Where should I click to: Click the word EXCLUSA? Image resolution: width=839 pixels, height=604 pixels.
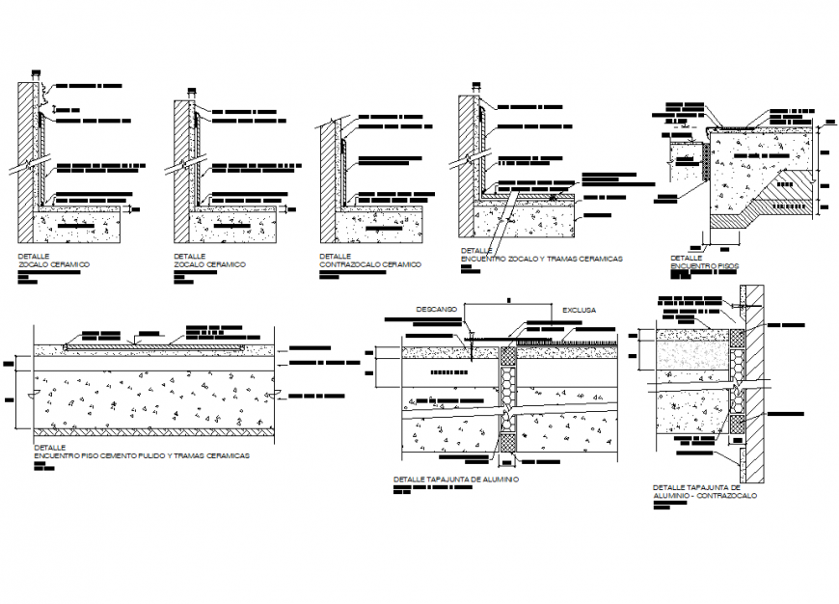(x=579, y=310)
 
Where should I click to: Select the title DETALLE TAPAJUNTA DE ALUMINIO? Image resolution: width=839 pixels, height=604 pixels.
(x=456, y=479)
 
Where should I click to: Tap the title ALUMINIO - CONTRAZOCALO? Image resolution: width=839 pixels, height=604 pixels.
(x=705, y=495)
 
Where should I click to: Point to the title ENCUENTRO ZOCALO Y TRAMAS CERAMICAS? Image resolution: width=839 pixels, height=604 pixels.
(x=541, y=259)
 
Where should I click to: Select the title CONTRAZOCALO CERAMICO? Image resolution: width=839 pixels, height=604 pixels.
(x=370, y=263)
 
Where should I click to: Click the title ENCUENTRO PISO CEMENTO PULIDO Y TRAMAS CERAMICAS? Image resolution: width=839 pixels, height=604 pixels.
(x=142, y=454)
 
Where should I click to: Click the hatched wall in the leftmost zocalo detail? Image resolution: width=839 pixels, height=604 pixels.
(x=25, y=145)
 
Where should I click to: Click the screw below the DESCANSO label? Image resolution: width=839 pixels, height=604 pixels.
(x=472, y=338)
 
